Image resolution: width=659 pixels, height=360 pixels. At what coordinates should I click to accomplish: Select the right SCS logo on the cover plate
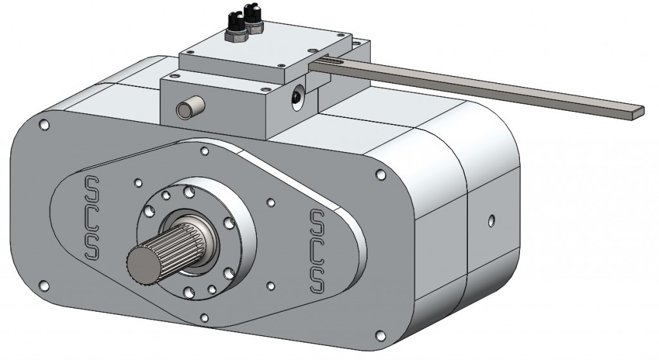point(317,249)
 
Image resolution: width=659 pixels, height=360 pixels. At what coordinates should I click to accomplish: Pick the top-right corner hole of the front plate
point(380,175)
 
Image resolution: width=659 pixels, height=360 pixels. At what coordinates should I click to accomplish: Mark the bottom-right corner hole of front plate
point(380,334)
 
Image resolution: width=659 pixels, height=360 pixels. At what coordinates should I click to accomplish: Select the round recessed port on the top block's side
point(296,96)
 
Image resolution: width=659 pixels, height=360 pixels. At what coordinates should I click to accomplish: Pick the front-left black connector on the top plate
point(232,25)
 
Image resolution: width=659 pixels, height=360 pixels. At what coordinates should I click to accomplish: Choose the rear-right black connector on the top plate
point(253,15)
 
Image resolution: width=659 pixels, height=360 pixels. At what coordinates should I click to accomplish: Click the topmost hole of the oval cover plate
point(205,152)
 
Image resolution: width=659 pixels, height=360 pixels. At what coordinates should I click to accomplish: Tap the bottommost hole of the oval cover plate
point(204,316)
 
